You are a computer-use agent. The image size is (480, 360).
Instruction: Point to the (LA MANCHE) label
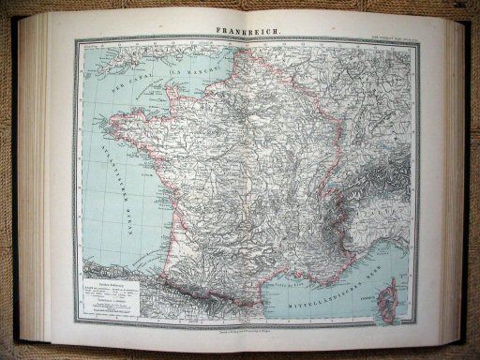point(196,67)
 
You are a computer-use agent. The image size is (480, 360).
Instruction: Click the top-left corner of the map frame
point(76,40)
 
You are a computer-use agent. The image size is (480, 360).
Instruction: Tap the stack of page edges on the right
point(453,178)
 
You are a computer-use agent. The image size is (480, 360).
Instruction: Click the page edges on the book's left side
point(37,178)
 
